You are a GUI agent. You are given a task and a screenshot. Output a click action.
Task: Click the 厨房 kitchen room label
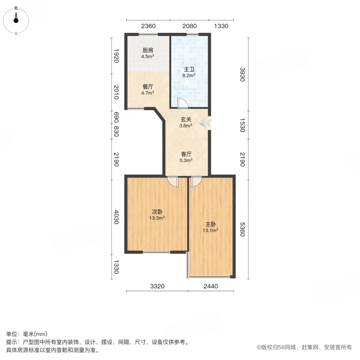148,50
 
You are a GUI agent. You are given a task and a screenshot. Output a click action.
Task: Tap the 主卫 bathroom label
189,69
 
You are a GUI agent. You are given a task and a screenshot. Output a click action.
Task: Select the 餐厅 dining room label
148,87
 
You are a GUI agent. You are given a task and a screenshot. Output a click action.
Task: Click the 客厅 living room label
186,154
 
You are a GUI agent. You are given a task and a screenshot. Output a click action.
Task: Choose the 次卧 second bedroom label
157,212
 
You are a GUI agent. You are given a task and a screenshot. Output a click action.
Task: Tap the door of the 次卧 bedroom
172,181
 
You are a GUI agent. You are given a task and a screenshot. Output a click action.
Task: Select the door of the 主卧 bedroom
196,181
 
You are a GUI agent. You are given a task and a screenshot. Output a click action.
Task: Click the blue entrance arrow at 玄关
205,123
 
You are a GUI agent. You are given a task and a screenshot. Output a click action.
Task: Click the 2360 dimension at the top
148,26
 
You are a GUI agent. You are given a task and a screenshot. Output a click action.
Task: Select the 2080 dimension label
189,26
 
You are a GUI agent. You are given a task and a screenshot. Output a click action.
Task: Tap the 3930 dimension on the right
242,74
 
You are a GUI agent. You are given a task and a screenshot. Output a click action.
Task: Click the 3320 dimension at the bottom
157,286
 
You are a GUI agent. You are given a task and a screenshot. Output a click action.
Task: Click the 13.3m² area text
157,218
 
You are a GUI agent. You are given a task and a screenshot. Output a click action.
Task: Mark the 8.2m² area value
189,75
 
